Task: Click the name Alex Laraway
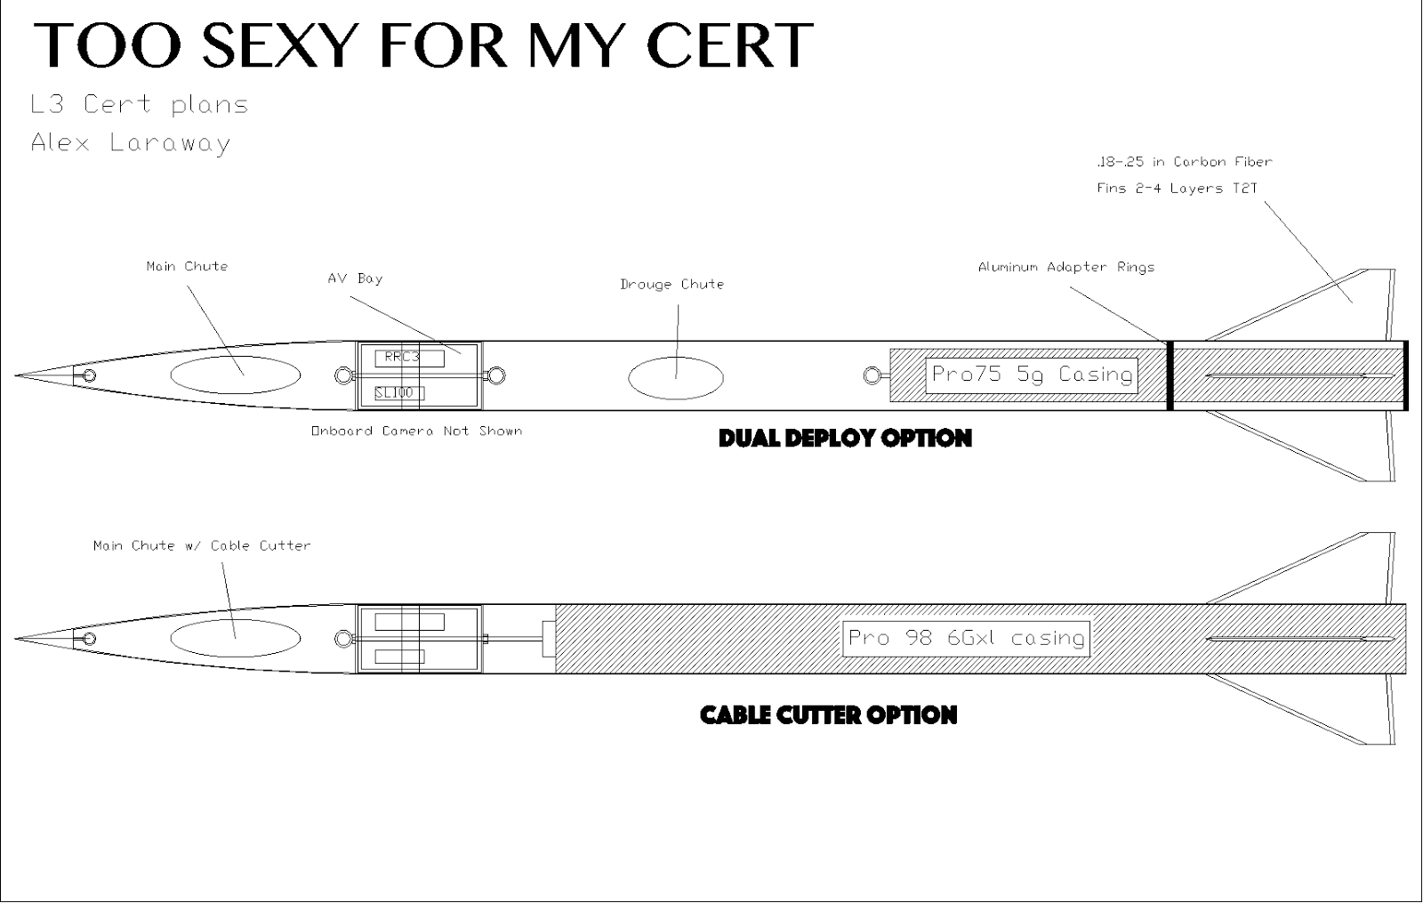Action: (x=131, y=143)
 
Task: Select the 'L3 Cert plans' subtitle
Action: (x=139, y=105)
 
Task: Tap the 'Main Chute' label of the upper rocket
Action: (x=187, y=266)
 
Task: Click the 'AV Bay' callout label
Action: (x=355, y=278)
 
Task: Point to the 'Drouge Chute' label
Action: (x=671, y=285)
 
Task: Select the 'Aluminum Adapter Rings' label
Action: (x=1065, y=267)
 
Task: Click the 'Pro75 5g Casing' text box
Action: (x=1032, y=375)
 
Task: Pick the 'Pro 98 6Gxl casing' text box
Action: (x=966, y=638)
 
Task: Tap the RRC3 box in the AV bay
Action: (x=408, y=358)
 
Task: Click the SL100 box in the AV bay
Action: (x=398, y=392)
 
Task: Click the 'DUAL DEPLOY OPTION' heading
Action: (x=845, y=438)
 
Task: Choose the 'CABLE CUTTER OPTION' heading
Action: (x=828, y=715)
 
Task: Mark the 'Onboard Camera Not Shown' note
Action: (x=416, y=431)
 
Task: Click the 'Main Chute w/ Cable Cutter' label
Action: (x=202, y=545)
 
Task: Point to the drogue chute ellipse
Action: (x=676, y=378)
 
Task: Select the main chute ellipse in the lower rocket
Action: (x=235, y=638)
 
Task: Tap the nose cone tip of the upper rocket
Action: (x=18, y=375)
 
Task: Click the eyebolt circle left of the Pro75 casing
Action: (x=872, y=376)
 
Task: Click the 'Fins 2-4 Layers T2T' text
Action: (x=1177, y=189)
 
